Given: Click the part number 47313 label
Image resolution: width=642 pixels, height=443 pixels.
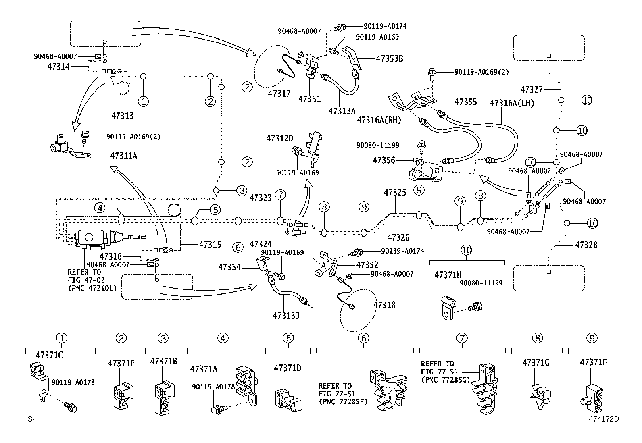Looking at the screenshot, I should click(x=122, y=116).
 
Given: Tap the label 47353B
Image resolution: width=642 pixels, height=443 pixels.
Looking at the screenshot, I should click(x=389, y=58).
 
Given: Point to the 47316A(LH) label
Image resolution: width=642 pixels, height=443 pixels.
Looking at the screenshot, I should click(x=512, y=103).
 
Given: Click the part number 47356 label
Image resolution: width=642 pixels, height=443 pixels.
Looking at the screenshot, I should click(x=384, y=160).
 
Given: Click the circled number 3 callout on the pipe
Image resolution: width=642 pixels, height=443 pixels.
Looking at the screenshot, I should click(x=241, y=191).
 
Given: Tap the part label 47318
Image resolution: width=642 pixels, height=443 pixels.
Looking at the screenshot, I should click(x=384, y=305).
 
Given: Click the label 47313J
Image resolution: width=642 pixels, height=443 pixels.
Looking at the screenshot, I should click(x=286, y=314).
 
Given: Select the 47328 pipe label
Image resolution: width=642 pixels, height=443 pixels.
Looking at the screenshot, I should click(x=586, y=245).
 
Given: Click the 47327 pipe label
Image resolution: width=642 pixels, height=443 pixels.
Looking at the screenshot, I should click(x=531, y=89).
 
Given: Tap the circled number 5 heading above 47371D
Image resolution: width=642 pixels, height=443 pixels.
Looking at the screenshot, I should click(x=288, y=338).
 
